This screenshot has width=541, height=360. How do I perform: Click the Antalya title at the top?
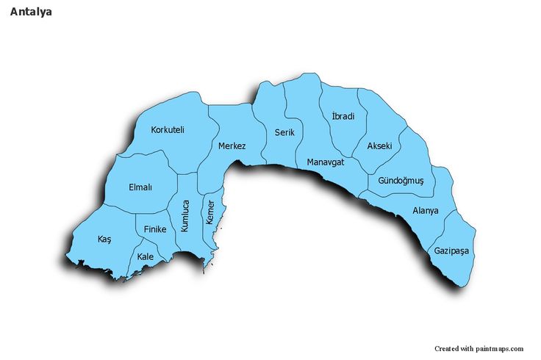[x=31, y=12]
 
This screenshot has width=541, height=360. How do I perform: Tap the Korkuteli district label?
[x=168, y=130]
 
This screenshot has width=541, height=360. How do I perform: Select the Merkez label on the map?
[x=232, y=146]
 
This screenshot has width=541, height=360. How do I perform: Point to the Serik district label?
[x=284, y=132]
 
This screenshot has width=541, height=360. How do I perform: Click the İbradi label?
[x=343, y=116]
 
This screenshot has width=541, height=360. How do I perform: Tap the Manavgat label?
[x=326, y=162]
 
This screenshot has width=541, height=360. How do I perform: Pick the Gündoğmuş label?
[x=401, y=181]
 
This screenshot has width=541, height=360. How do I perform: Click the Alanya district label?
[x=426, y=211]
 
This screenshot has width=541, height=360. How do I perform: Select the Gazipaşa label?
[x=451, y=251]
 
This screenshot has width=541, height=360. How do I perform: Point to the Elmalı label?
[x=140, y=187]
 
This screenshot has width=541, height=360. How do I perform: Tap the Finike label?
[x=155, y=229]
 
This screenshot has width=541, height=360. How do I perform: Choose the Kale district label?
[x=146, y=256]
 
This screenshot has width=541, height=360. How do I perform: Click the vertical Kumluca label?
[x=185, y=216]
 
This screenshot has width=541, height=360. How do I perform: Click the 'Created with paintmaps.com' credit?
[x=479, y=348]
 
